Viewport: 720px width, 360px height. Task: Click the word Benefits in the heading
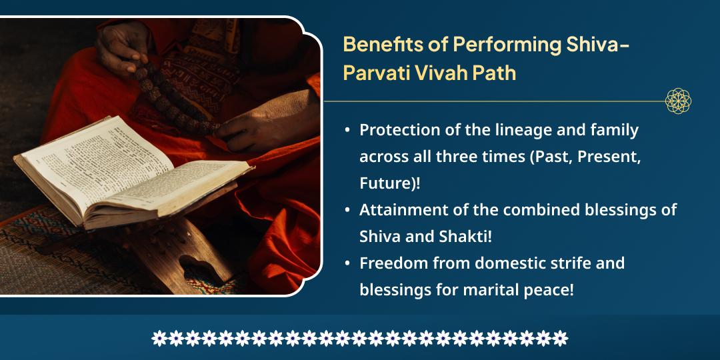[x=375, y=45]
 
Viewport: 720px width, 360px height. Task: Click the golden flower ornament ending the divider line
[x=678, y=101]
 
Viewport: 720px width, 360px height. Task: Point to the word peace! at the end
[x=553, y=289]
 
